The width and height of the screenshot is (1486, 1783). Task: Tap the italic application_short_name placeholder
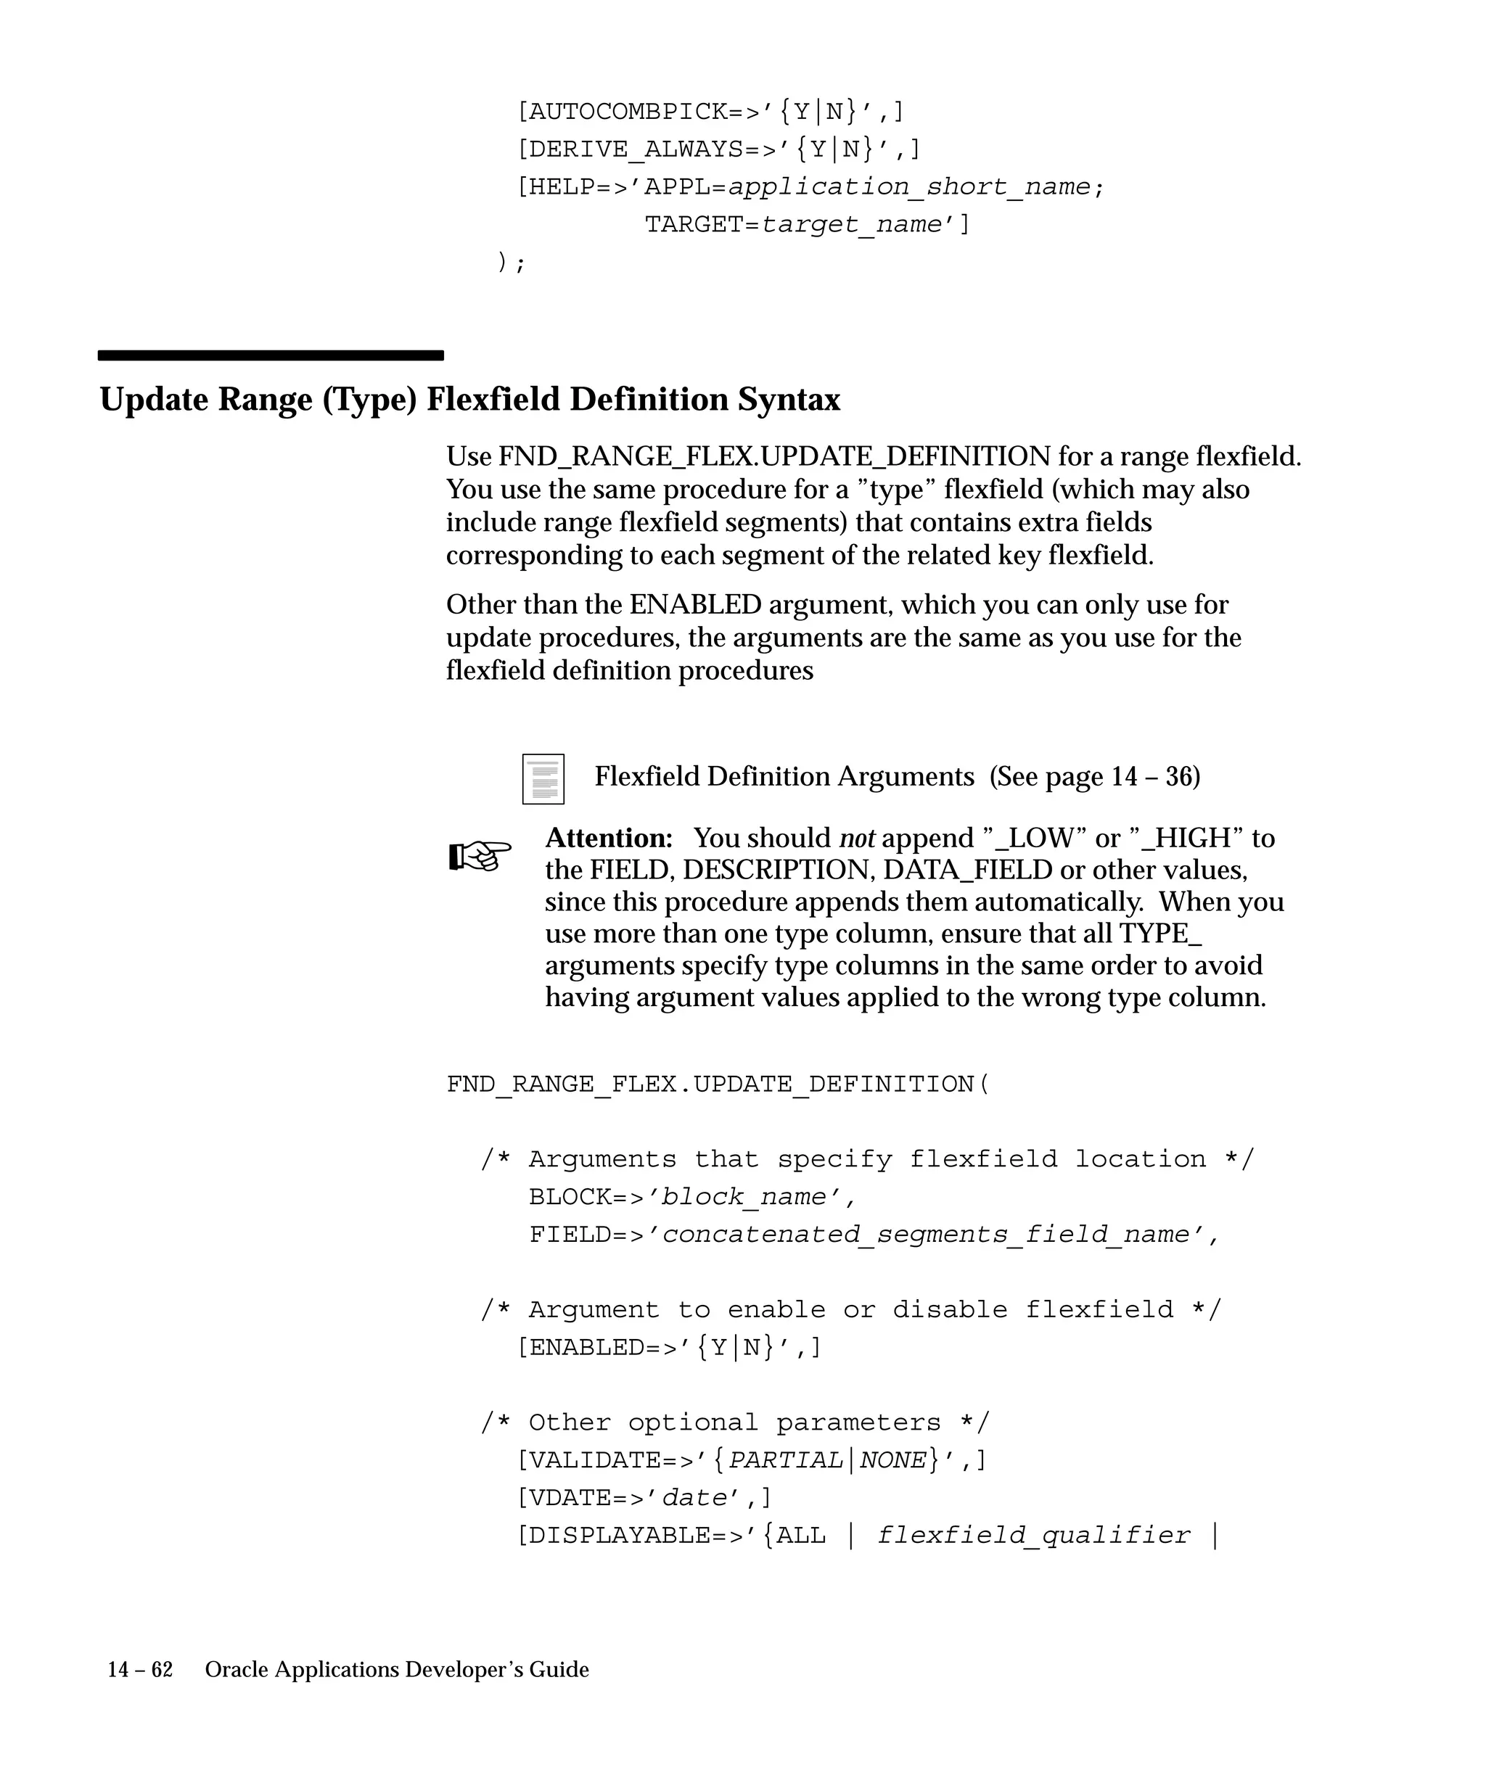909,187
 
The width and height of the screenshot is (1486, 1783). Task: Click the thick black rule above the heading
270,355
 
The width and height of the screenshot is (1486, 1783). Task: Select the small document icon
543,778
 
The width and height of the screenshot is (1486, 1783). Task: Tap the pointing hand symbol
480,855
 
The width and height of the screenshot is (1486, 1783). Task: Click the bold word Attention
608,838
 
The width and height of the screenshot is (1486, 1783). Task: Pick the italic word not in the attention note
857,838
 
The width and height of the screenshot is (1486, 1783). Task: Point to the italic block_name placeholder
744,1197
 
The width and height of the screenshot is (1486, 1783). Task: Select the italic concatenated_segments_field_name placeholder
926,1235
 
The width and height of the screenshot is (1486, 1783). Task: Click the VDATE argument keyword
570,1498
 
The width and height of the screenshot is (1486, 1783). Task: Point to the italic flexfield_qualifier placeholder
1033,1535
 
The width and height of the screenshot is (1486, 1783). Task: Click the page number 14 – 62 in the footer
140,1669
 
